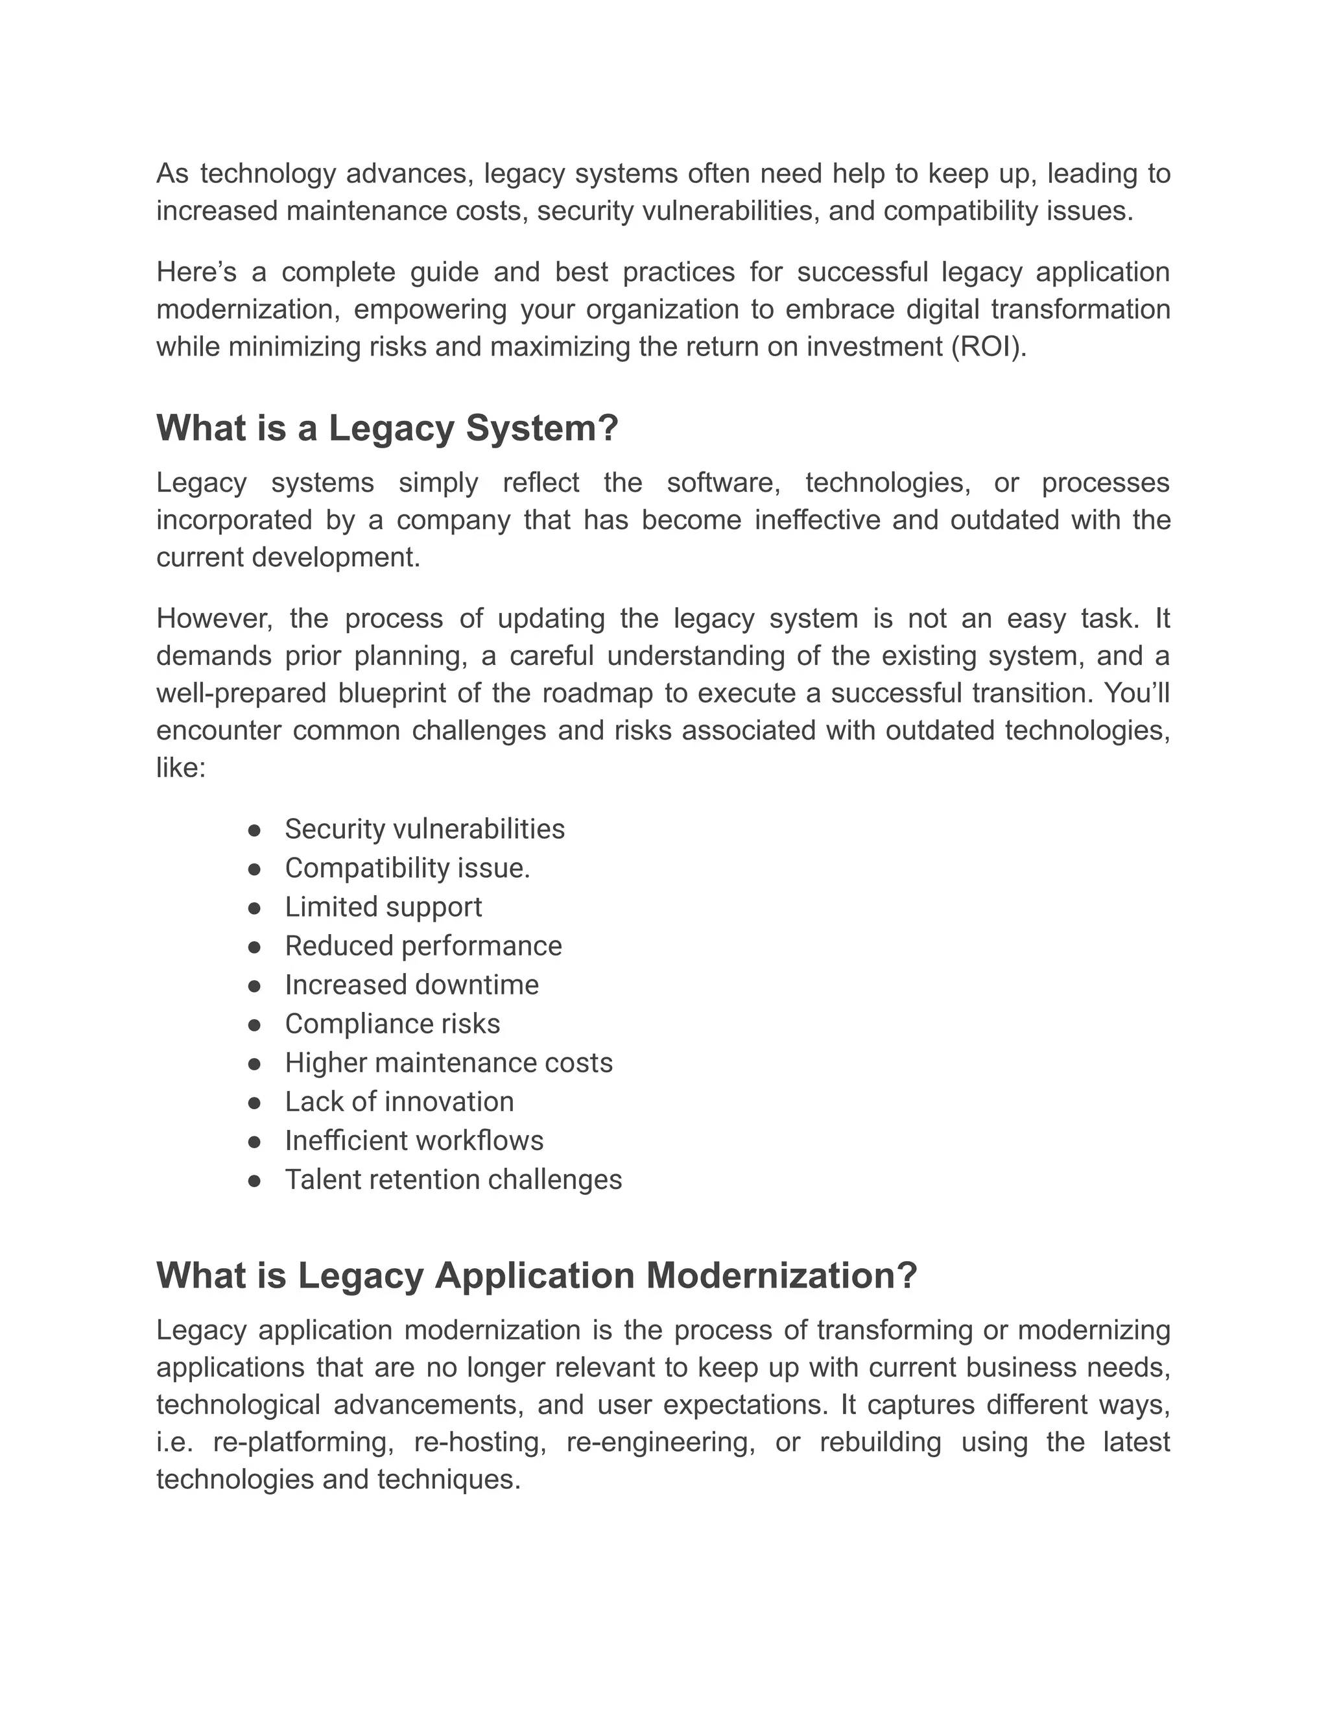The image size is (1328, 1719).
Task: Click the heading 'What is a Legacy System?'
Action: (387, 429)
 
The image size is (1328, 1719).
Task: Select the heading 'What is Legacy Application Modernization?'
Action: (536, 1276)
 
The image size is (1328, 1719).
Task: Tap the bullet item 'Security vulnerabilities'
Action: (425, 830)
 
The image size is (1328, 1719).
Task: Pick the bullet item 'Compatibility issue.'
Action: (407, 868)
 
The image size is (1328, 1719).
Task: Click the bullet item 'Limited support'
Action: (383, 908)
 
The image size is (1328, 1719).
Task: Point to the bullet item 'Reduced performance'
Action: (423, 946)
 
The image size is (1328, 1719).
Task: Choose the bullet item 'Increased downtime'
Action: (412, 985)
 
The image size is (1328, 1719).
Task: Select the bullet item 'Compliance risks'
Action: (392, 1024)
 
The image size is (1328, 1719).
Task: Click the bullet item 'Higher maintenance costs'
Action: (449, 1063)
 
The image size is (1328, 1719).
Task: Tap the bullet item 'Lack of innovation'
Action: (399, 1102)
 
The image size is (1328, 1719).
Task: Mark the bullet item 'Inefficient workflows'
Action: (414, 1141)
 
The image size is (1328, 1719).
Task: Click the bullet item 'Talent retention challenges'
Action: (453, 1180)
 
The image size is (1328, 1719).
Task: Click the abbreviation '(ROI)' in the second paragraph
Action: (988, 347)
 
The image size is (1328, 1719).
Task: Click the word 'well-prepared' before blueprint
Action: (241, 693)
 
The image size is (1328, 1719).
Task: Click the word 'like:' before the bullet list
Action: (181, 768)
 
